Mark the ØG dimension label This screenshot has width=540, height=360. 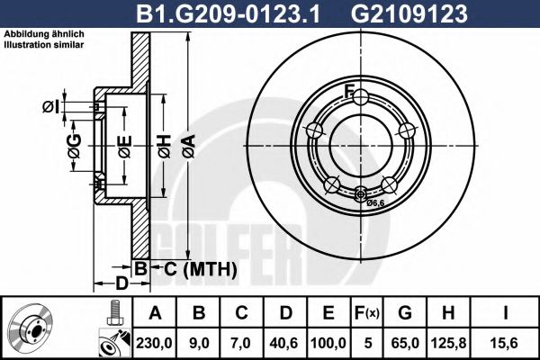[x=74, y=143]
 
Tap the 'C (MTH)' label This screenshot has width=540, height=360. [x=200, y=269]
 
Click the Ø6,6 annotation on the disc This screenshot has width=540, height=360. [x=376, y=203]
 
